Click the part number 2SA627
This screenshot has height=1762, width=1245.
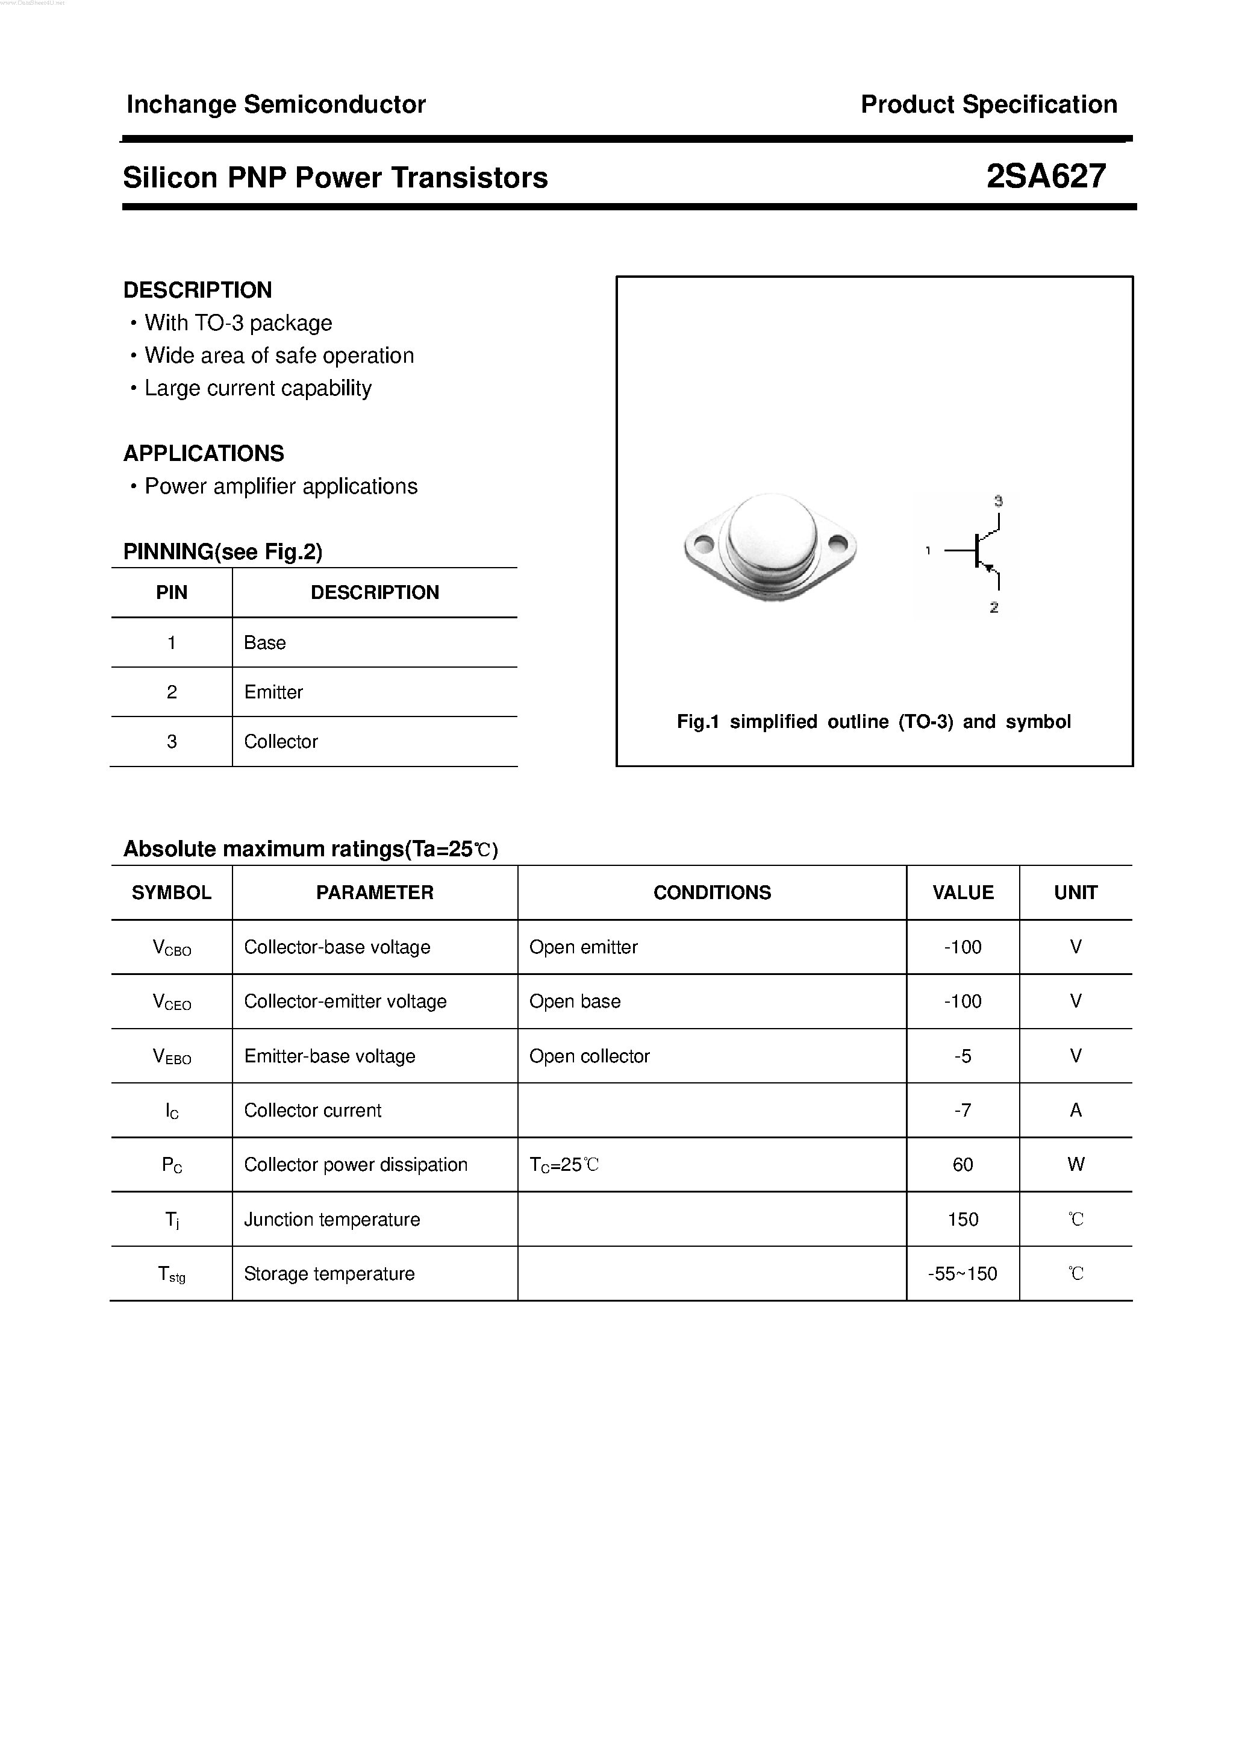pyautogui.click(x=1046, y=177)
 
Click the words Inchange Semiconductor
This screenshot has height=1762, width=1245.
pyautogui.click(x=275, y=104)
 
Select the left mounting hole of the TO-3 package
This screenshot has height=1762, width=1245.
pyautogui.click(x=704, y=545)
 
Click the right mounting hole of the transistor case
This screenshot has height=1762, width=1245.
pyautogui.click(x=838, y=544)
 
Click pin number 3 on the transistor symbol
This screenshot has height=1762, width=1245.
pyautogui.click(x=998, y=501)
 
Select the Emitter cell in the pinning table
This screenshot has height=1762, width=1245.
pyautogui.click(x=273, y=692)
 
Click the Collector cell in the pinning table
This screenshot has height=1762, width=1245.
pyautogui.click(x=281, y=742)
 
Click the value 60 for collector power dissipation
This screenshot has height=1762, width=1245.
pyautogui.click(x=963, y=1165)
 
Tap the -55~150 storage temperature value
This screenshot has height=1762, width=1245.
pyautogui.click(x=963, y=1274)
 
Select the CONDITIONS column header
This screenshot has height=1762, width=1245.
pyautogui.click(x=712, y=892)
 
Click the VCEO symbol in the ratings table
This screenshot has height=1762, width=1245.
pyautogui.click(x=172, y=1002)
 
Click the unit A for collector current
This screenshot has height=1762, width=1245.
pyautogui.click(x=1076, y=1111)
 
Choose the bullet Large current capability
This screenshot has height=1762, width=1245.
pyautogui.click(x=258, y=388)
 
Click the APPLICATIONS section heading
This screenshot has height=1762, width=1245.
pyautogui.click(x=204, y=454)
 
